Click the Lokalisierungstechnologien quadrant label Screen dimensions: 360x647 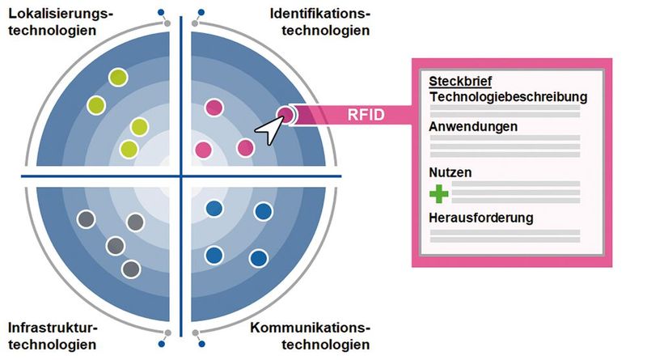[x=61, y=22]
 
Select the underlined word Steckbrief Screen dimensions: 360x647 [x=460, y=82]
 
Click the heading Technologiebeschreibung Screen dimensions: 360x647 [x=508, y=96]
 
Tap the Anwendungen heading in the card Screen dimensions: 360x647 [x=473, y=126]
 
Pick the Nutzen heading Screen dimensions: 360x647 [x=451, y=172]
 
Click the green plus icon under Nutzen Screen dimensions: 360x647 [x=438, y=194]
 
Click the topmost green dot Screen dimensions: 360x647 [x=119, y=77]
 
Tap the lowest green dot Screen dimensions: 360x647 [x=129, y=149]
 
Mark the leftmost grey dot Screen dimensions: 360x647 [x=85, y=218]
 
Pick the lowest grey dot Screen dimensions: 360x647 [x=130, y=269]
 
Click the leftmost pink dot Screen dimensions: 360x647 [x=202, y=150]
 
